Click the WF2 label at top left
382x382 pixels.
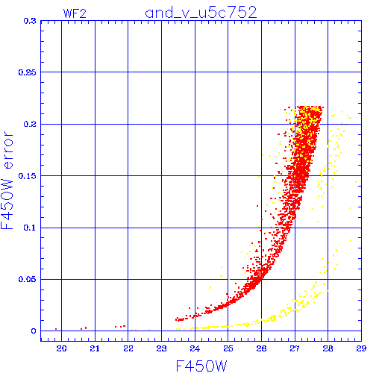pyautogui.click(x=75, y=13)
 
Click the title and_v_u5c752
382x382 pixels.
pyautogui.click(x=201, y=13)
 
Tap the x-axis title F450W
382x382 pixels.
pyautogui.click(x=201, y=366)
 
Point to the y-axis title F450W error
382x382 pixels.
pyautogui.click(x=7, y=181)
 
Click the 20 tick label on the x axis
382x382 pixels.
pyautogui.click(x=61, y=348)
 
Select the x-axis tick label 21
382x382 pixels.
pyautogui.click(x=95, y=348)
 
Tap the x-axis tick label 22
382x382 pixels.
pyautogui.click(x=128, y=348)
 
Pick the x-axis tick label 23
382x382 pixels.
pyautogui.click(x=161, y=348)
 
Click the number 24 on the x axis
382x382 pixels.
pyautogui.click(x=195, y=348)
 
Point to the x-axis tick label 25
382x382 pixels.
pyautogui.click(x=228, y=348)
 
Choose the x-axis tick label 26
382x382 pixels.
pyautogui.click(x=261, y=348)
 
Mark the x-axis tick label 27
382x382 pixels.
pyautogui.click(x=295, y=348)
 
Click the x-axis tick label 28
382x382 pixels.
pyautogui.click(x=328, y=348)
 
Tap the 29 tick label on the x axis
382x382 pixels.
pyautogui.click(x=361, y=348)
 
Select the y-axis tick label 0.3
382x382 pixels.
pyautogui.click(x=30, y=21)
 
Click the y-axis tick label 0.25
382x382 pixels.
pyautogui.click(x=28, y=72)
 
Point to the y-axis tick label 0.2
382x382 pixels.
pyautogui.click(x=30, y=124)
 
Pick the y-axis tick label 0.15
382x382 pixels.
pyautogui.click(x=28, y=176)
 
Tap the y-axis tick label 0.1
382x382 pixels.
pyautogui.click(x=30, y=228)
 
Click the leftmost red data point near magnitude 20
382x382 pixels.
pyautogui.click(x=56, y=329)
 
